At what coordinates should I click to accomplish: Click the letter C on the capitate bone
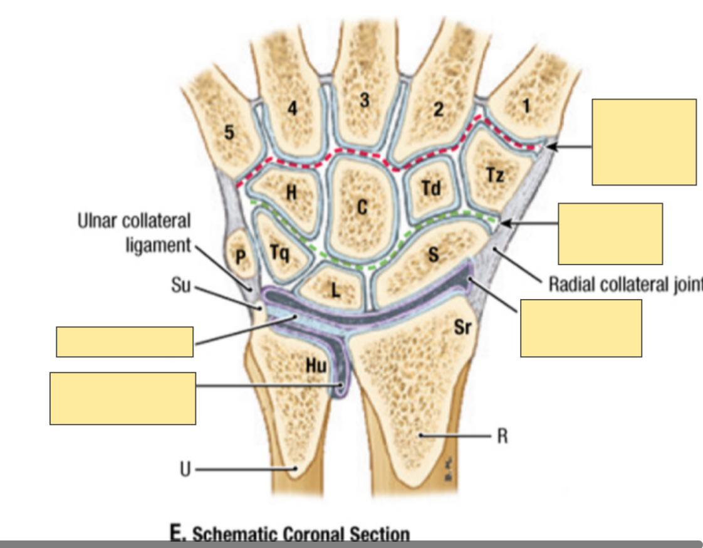point(362,206)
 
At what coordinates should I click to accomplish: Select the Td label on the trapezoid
point(430,187)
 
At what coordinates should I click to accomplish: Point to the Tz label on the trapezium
point(495,175)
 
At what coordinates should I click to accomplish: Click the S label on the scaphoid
point(433,255)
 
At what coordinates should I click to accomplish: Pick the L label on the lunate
point(336,289)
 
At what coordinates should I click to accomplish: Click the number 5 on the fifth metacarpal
point(230,132)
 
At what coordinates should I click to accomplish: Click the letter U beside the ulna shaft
point(185,469)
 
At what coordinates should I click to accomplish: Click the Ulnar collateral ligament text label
point(134,232)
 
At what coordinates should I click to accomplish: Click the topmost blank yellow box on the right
point(644,142)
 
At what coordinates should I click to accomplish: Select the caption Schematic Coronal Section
point(290,535)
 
